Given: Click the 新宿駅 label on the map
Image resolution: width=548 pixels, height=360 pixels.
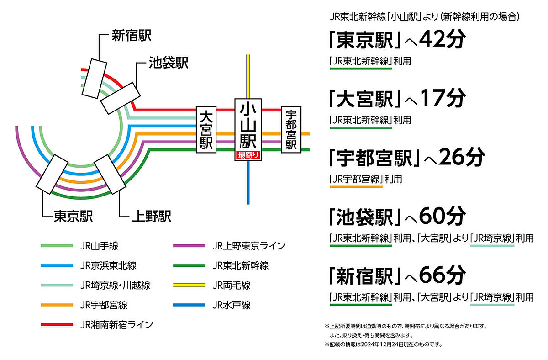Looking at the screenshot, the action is [132, 36].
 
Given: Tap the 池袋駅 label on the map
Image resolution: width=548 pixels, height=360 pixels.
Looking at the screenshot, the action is [169, 63].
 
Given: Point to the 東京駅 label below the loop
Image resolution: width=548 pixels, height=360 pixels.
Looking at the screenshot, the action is [74, 217].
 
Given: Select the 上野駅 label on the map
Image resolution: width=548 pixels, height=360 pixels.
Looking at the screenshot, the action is [152, 217].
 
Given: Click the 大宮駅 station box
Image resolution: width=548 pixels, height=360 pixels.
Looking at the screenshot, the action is [206, 130].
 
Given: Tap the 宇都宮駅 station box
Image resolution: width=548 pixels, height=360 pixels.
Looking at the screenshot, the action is [291, 130].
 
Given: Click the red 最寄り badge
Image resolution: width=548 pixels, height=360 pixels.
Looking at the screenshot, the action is [248, 155].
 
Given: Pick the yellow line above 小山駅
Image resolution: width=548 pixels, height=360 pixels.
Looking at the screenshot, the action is [248, 76].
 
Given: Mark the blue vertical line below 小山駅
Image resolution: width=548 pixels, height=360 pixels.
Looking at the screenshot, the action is [248, 183].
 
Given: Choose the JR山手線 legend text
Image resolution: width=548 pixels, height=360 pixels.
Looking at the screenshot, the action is [100, 246].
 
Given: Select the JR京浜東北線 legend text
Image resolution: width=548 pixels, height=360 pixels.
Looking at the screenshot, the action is [108, 265].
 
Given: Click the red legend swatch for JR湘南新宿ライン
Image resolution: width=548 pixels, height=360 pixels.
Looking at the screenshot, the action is [57, 325].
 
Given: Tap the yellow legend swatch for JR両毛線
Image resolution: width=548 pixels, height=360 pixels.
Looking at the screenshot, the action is [189, 285].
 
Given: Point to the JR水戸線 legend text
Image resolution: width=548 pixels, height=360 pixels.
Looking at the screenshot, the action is [232, 305].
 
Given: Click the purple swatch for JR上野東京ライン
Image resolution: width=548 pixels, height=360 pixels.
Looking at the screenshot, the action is [189, 246].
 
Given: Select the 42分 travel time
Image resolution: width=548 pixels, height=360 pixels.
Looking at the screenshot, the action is [443, 39].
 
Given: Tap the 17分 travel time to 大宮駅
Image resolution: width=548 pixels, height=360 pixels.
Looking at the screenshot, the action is [443, 98].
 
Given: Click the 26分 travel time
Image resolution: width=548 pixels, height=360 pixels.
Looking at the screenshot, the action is [462, 157].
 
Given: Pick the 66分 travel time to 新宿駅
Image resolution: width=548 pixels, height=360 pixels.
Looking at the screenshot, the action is [443, 275].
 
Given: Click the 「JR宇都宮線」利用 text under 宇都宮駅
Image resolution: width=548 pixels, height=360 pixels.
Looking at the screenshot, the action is [366, 179].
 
